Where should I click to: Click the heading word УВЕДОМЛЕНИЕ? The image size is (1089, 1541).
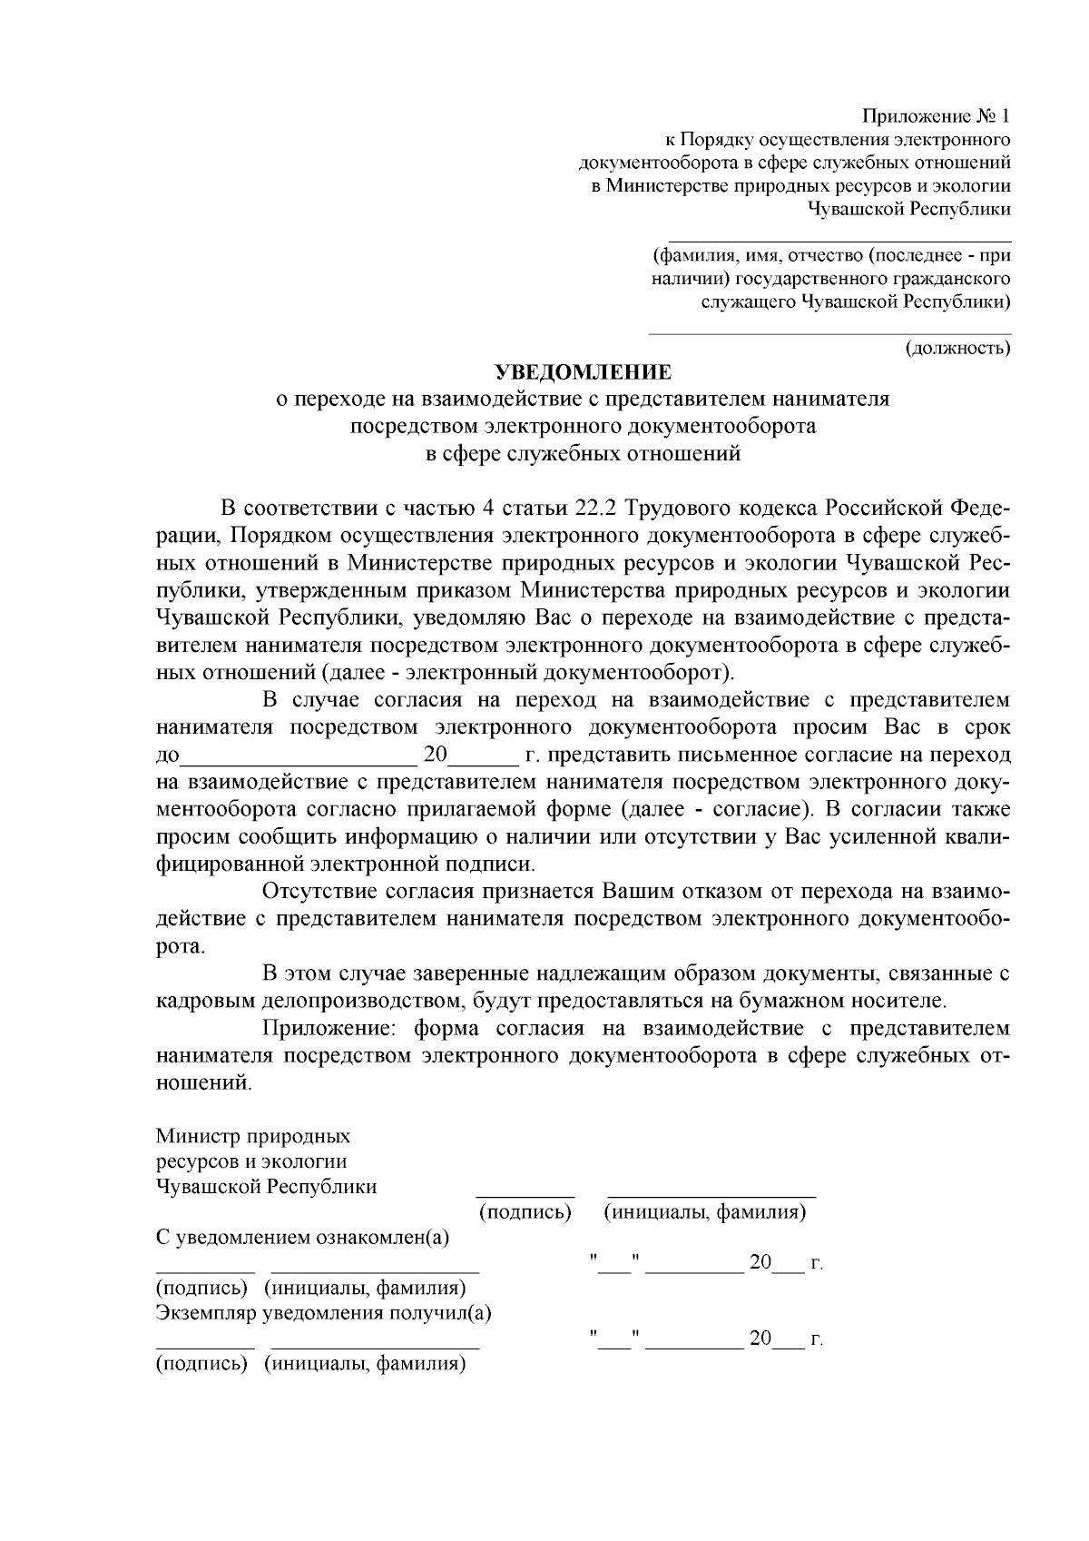coord(583,372)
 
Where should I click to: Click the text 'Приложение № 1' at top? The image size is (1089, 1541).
coord(936,117)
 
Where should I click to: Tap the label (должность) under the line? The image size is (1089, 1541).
coord(958,348)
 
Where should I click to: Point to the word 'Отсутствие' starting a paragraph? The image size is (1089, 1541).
coord(313,892)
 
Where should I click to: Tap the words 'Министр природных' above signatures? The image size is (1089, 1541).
coord(253,1137)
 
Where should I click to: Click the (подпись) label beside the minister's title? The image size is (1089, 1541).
coord(525,1212)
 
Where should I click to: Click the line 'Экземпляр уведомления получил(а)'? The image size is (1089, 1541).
coord(324,1313)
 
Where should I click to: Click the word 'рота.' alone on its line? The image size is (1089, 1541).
coord(181,947)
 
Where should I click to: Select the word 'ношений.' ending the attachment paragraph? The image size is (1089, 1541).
coord(202,1083)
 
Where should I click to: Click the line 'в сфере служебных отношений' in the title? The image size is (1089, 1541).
coord(583,453)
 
